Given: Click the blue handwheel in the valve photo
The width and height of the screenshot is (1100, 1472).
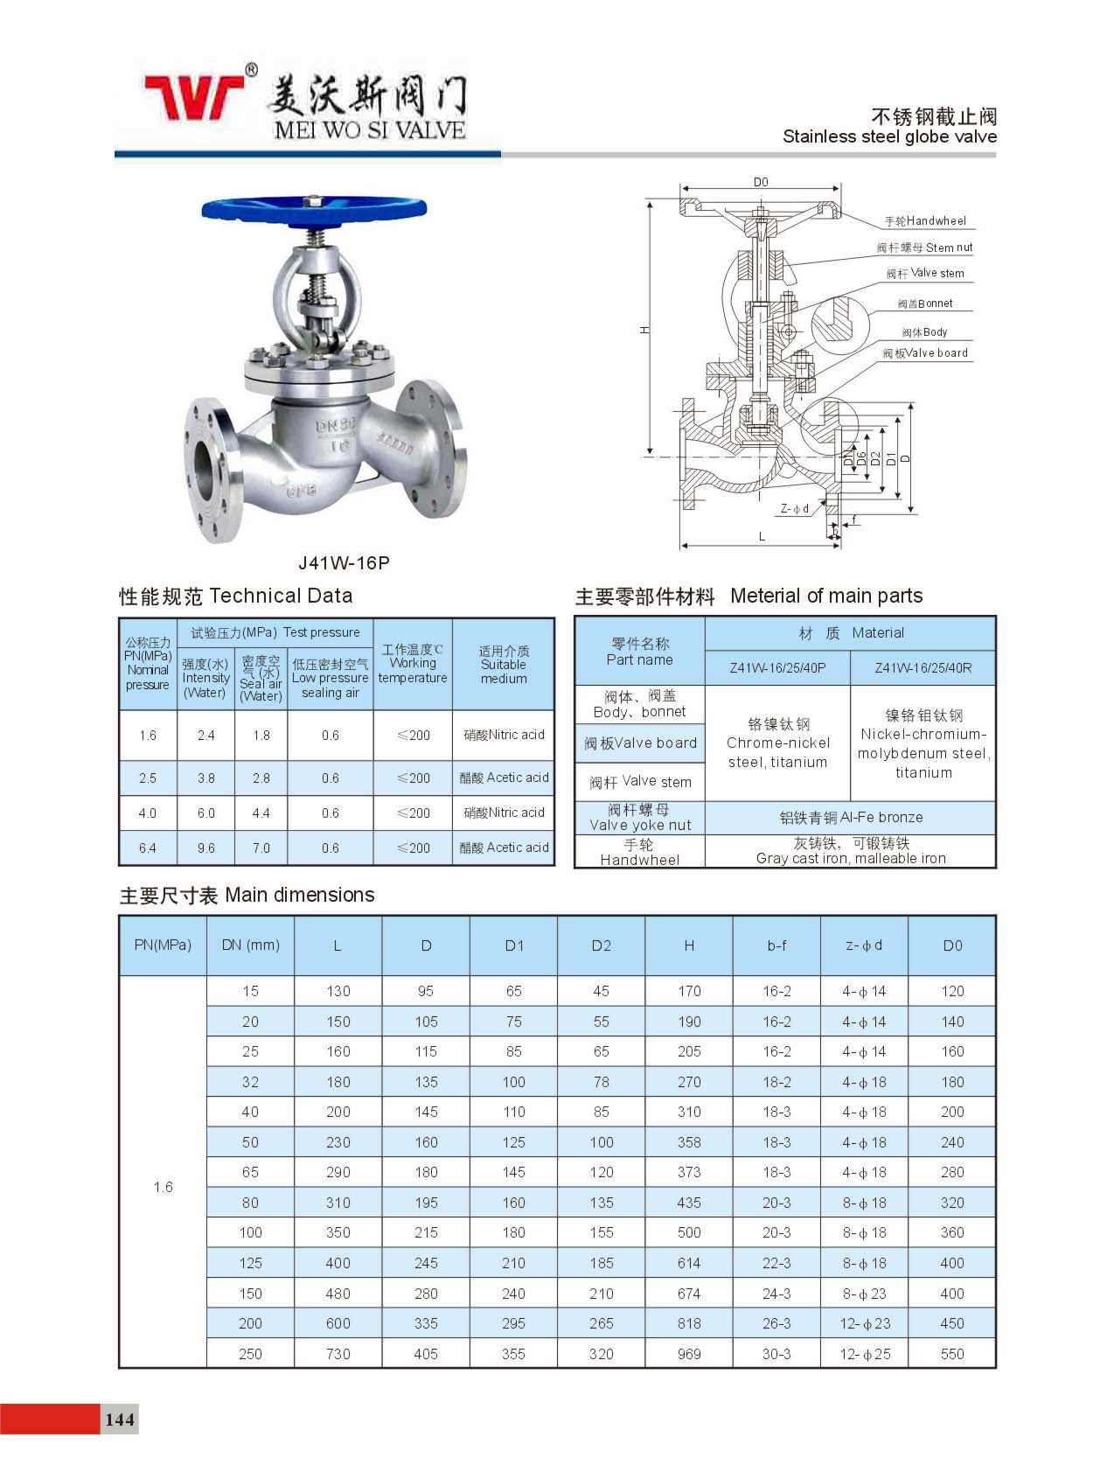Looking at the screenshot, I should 314,211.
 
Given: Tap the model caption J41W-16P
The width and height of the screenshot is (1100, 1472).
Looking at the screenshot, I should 344,562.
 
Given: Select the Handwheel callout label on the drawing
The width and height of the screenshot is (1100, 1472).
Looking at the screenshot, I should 925,221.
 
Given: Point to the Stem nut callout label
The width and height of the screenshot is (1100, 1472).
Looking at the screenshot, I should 925,248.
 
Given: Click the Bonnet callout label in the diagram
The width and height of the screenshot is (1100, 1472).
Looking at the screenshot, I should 925,303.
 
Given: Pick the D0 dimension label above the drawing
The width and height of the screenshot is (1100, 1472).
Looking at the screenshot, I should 761,182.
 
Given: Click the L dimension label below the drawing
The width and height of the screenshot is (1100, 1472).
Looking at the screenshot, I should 762,536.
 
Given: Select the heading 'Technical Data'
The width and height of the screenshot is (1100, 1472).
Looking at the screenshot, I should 281,596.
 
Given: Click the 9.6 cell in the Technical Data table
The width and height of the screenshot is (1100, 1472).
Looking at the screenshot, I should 205,848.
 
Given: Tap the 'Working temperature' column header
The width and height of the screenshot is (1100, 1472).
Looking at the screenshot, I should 413,664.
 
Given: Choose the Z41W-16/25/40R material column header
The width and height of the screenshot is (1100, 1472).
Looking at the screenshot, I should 922,667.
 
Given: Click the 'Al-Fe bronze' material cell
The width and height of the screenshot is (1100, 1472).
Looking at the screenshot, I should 851,817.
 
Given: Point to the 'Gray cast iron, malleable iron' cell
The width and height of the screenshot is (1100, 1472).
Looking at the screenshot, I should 851,851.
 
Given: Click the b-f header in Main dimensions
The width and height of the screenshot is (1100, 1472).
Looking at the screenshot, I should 776,945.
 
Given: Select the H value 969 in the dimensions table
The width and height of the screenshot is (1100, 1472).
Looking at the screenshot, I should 689,1354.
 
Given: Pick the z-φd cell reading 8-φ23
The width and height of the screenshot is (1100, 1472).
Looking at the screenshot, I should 865,1294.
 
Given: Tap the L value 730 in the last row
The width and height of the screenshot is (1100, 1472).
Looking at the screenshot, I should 338,1354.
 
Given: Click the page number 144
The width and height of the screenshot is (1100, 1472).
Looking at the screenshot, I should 120,1419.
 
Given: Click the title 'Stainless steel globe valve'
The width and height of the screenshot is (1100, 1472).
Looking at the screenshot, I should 889,136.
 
